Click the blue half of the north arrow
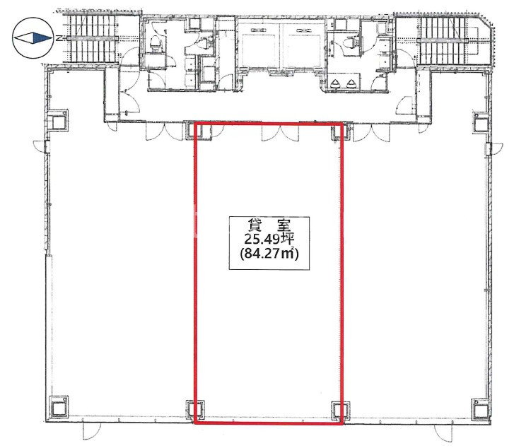click(41, 38)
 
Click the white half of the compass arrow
click(23, 38)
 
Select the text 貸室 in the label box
click(269, 226)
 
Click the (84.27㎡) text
click(269, 254)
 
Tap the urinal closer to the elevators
click(335, 84)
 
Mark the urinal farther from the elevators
click(351, 84)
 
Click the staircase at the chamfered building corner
click(443, 40)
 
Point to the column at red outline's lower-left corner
click(195, 409)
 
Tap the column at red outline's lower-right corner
click(341, 410)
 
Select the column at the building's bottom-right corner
click(481, 408)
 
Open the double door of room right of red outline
click(371, 133)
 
